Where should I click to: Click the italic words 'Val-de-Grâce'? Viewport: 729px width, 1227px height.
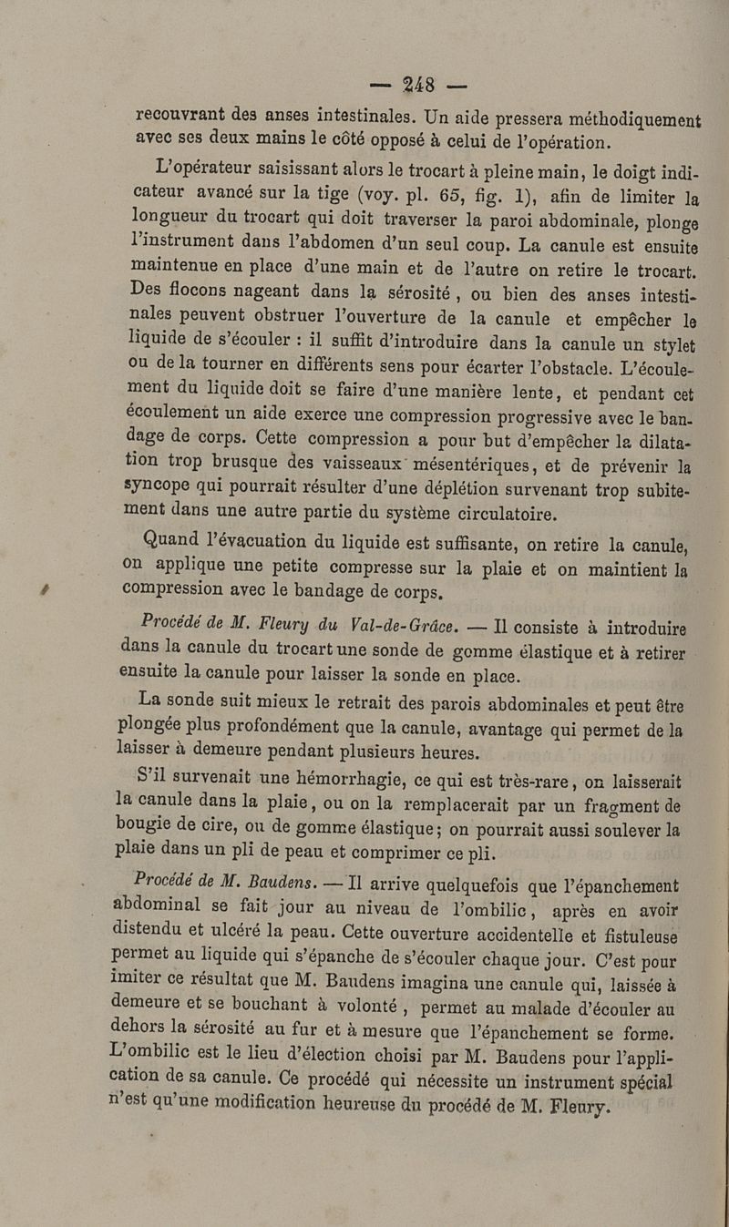[x=394, y=626]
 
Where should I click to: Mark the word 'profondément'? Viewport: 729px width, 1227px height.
[x=332, y=727]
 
